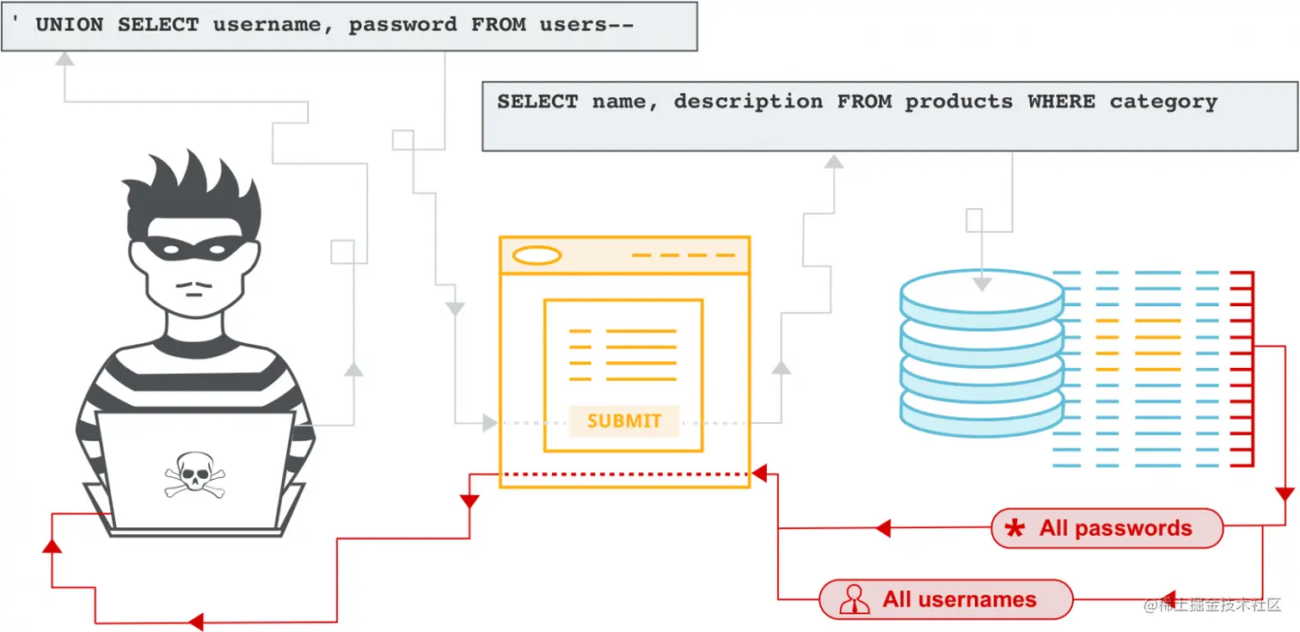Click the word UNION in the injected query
point(69,25)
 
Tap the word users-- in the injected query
point(586,25)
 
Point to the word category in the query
point(1163,101)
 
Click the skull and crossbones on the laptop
point(194,474)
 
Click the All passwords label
point(1115,528)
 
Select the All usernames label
point(959,599)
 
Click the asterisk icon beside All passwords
point(1015,529)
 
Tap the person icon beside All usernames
point(853,599)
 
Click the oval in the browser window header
point(537,255)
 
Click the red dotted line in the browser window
point(624,474)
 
